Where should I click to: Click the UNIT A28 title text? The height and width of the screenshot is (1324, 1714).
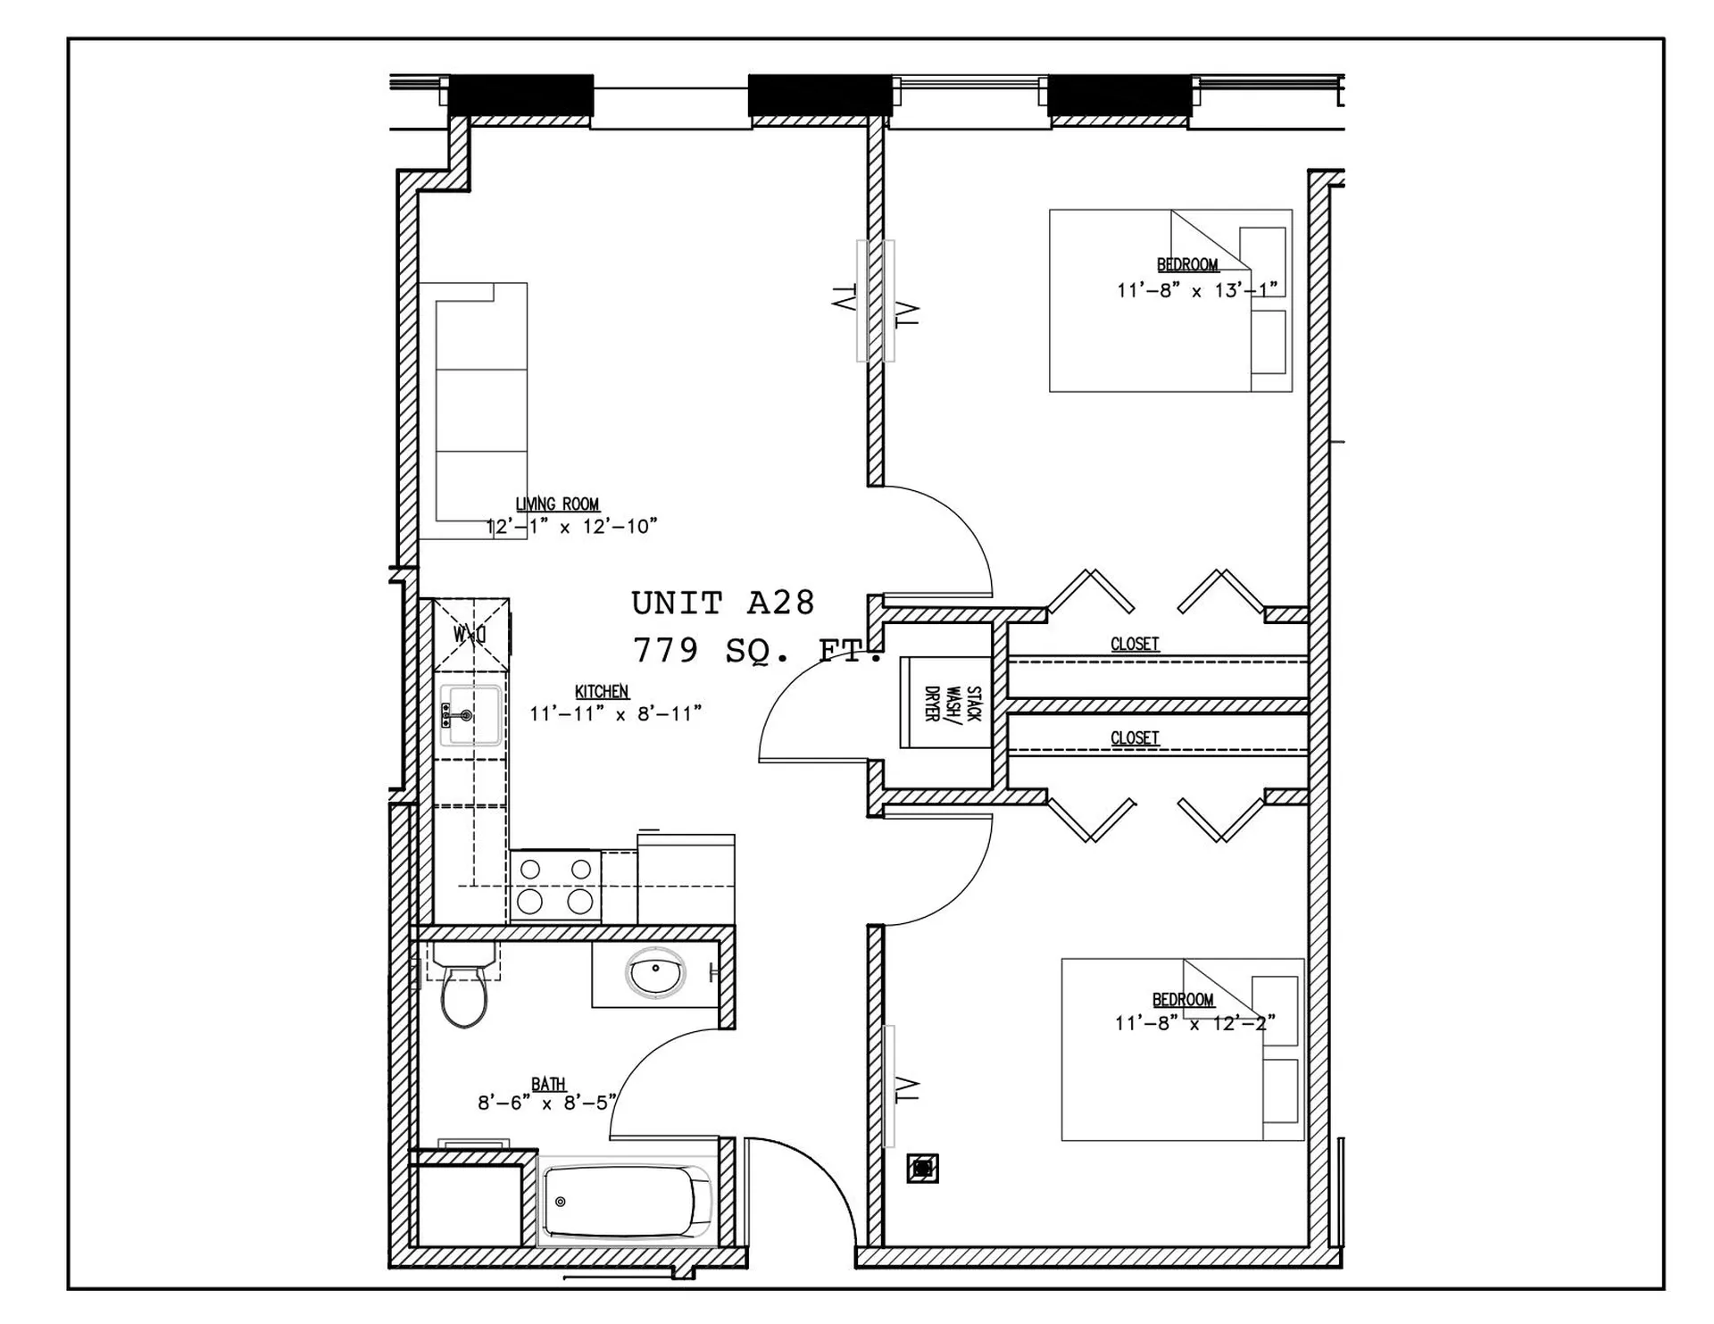point(723,604)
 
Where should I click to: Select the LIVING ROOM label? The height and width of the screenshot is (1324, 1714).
point(557,504)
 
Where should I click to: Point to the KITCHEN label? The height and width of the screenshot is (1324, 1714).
point(602,692)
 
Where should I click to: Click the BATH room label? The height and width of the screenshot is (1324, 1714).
point(548,1084)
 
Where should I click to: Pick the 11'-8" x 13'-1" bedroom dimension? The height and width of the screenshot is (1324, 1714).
point(1196,289)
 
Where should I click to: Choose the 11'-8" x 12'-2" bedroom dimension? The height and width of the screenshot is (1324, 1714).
point(1194,1023)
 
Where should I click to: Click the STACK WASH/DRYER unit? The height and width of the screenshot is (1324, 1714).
point(946,704)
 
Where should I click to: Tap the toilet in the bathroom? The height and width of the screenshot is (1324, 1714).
point(464,991)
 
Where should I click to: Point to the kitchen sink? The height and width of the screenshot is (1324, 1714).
point(470,714)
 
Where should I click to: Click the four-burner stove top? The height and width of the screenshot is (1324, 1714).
point(554,886)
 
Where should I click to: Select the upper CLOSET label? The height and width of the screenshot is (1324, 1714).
point(1135,644)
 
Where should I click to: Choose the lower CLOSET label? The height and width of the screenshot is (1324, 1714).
point(1135,738)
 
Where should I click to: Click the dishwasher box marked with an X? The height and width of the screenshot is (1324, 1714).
point(470,634)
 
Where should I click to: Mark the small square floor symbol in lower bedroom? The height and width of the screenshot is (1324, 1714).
point(922,1168)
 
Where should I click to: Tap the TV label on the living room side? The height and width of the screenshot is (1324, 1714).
point(843,298)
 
